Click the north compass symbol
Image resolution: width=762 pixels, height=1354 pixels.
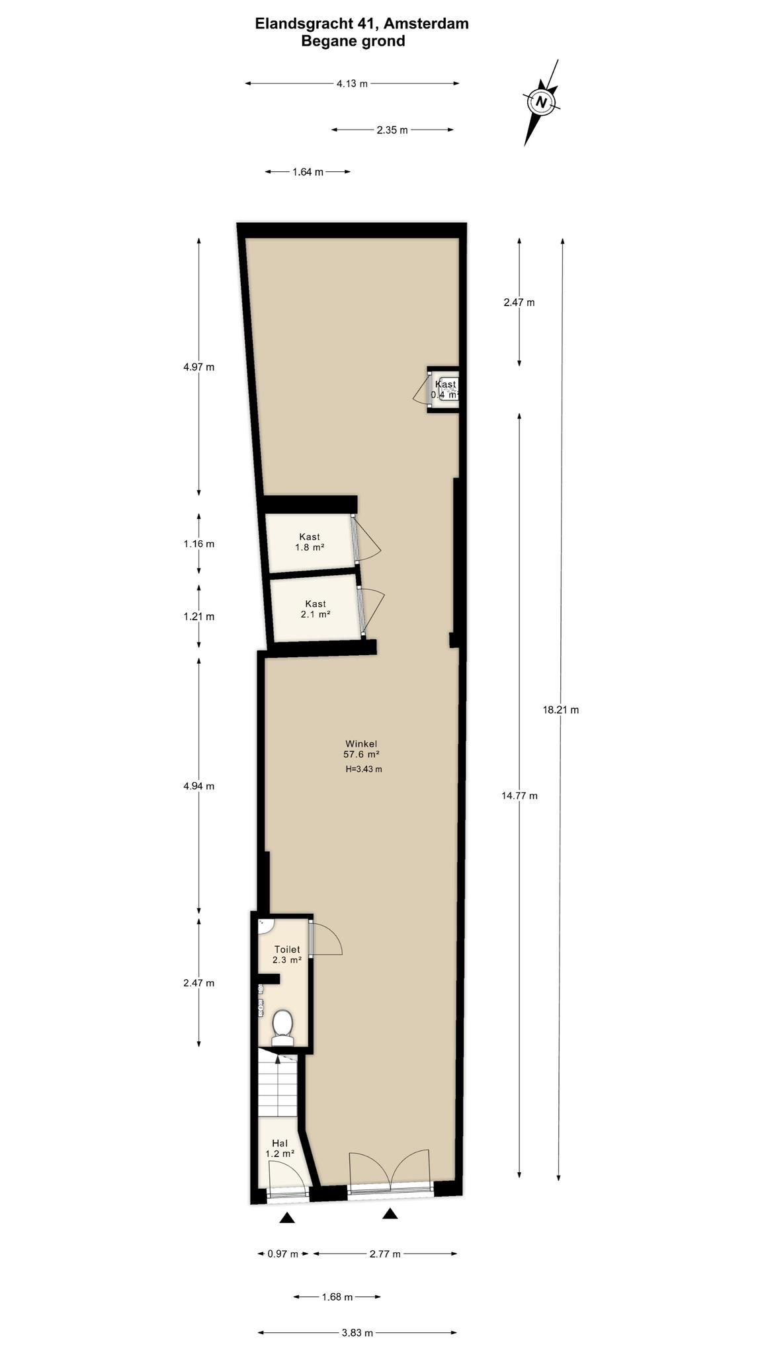(x=542, y=102)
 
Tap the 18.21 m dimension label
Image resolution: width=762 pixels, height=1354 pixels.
(x=560, y=710)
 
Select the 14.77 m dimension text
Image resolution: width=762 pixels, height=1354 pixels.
(x=519, y=796)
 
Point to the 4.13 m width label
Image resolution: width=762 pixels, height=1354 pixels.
(x=352, y=83)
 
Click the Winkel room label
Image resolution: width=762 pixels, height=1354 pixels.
(x=361, y=743)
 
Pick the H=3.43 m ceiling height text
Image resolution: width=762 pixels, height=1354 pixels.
(x=364, y=769)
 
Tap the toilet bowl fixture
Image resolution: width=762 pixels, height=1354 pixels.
(x=283, y=1027)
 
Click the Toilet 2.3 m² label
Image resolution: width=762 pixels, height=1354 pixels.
(x=287, y=955)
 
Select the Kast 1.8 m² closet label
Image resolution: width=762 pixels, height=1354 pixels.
(x=310, y=542)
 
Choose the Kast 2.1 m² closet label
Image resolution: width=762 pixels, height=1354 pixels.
(x=316, y=609)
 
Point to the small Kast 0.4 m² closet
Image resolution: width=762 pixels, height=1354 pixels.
(x=443, y=389)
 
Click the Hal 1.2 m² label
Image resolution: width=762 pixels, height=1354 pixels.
(x=280, y=1148)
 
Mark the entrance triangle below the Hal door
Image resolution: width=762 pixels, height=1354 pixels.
(x=287, y=1218)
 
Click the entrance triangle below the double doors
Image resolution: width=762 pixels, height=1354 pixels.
(x=390, y=1213)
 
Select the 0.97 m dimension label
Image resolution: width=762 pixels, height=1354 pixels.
(x=282, y=1254)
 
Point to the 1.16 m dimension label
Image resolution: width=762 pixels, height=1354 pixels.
(x=199, y=544)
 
